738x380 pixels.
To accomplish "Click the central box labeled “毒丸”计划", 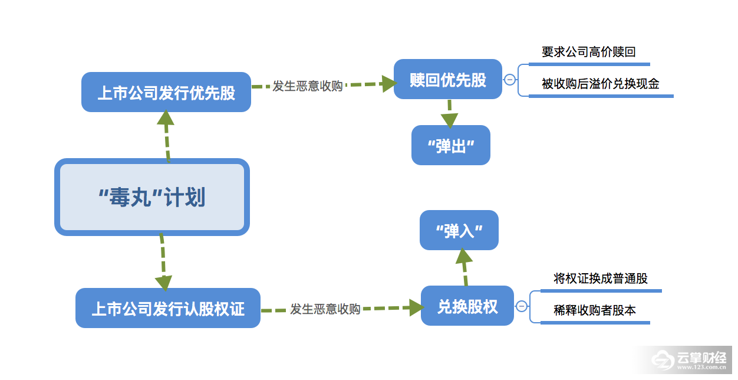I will (152, 197).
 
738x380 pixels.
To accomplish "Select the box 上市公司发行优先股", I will (166, 92).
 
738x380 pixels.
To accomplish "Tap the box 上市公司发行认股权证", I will (168, 308).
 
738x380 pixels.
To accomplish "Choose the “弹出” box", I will (451, 145).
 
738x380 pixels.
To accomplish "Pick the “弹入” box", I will (459, 230).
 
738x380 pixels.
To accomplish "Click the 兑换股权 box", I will (467, 306).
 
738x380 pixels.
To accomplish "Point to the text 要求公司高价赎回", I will (589, 52).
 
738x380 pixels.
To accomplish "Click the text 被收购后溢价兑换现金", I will (601, 84).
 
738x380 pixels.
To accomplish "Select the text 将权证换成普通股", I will (601, 279).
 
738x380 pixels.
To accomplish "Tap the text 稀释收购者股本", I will (595, 310).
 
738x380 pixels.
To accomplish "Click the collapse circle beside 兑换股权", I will (522, 306).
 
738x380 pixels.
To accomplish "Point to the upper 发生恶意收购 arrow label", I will (308, 86).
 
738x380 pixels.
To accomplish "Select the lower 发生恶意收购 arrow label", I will (325, 309).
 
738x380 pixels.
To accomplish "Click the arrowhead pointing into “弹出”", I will (450, 120).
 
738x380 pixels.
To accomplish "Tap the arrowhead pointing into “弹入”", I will (463, 256).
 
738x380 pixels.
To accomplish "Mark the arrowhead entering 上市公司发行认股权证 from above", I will (164, 281).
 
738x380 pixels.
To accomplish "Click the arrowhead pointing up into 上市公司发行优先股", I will (166, 119).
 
